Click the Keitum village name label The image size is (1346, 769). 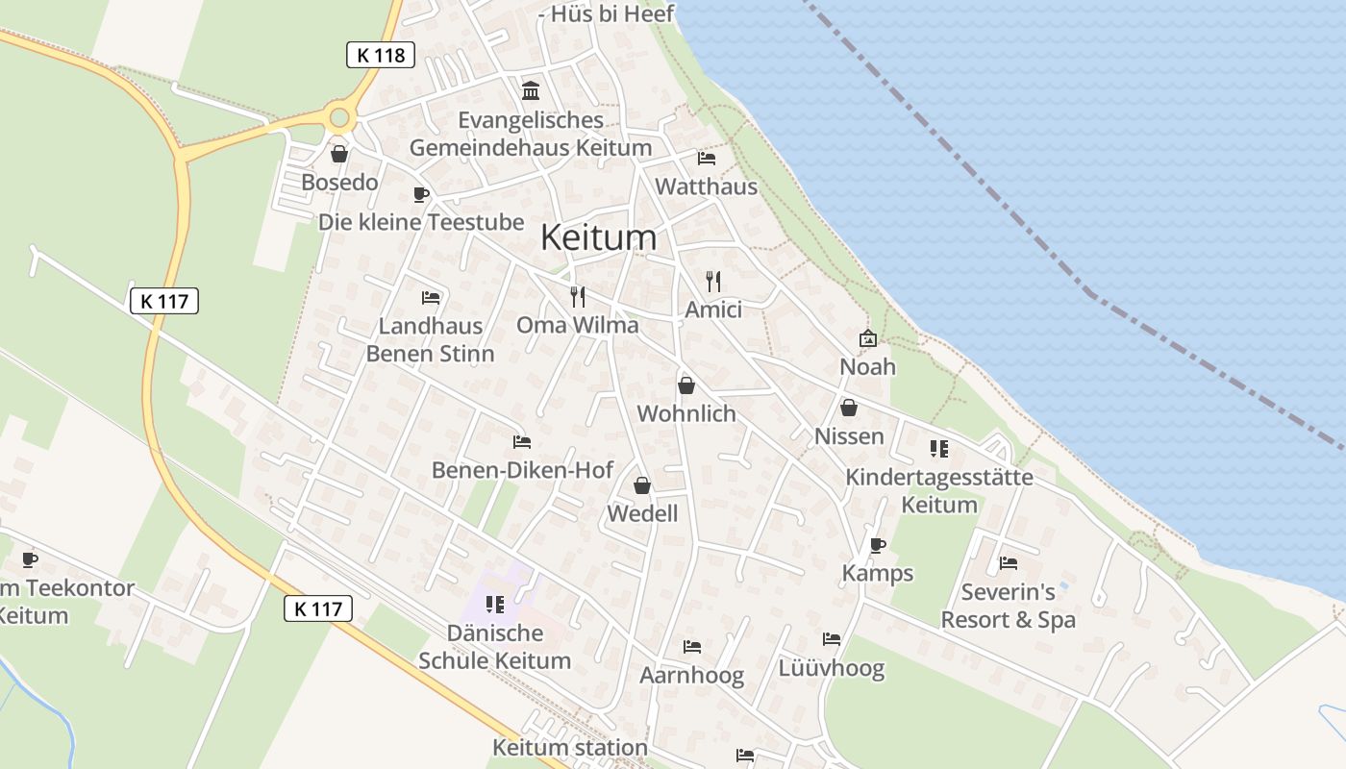pos(598,237)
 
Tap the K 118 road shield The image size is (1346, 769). pos(381,55)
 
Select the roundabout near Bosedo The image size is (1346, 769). pos(338,119)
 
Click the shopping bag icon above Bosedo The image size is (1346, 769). pos(339,154)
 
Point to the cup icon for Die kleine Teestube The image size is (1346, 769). pos(420,194)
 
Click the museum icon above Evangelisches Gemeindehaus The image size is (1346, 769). pos(530,90)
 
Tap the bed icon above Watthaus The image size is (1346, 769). pos(707,159)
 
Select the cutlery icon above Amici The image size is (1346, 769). pos(712,282)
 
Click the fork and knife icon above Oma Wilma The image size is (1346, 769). pos(577,296)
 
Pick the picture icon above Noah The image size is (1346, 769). pos(867,338)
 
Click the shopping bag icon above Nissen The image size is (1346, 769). pos(848,409)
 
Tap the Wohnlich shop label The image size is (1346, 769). pos(686,414)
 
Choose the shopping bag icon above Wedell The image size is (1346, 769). pos(642,486)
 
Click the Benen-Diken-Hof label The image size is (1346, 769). pos(522,470)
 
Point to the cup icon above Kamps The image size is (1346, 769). pos(877,545)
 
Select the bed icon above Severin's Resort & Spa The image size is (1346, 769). pos(1008,563)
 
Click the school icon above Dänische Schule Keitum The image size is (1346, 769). pos(495,605)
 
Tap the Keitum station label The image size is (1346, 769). pos(570,747)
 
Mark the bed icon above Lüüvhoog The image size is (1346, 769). pos(831,639)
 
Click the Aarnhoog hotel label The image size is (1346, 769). pos(692,676)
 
